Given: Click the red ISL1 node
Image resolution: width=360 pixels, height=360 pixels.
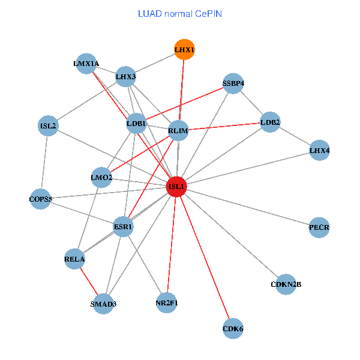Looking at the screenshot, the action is pyautogui.click(x=176, y=187).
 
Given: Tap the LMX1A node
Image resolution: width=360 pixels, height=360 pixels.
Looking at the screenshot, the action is pyautogui.click(x=86, y=63).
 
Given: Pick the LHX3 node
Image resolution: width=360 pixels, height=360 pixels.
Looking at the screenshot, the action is pyautogui.click(x=126, y=76).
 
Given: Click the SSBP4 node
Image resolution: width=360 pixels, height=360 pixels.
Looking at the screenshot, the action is pyautogui.click(x=233, y=83).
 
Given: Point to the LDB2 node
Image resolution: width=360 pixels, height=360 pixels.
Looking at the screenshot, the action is pyautogui.click(x=270, y=123).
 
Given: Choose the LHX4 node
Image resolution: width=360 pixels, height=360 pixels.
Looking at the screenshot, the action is pyautogui.click(x=319, y=150).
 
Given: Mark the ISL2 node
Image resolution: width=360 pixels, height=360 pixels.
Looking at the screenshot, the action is pyautogui.click(x=48, y=126).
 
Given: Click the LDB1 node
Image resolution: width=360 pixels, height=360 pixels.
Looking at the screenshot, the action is pyautogui.click(x=136, y=125).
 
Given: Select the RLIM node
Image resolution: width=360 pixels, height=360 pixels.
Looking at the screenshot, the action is pyautogui.click(x=179, y=131).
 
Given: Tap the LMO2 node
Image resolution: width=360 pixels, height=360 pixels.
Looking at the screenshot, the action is pyautogui.click(x=101, y=177).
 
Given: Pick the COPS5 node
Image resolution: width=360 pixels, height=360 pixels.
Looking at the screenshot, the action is pyautogui.click(x=41, y=199).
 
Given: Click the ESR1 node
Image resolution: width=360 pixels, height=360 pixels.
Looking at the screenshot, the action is pyautogui.click(x=123, y=227).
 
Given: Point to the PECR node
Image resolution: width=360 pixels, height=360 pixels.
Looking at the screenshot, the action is pyautogui.click(x=319, y=227).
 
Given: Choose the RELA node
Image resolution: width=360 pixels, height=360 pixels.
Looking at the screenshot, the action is pyautogui.click(x=74, y=259).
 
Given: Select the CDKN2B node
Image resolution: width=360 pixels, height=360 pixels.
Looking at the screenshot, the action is pyautogui.click(x=286, y=284).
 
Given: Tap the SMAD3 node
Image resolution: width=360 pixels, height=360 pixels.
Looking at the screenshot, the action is pyautogui.click(x=103, y=304).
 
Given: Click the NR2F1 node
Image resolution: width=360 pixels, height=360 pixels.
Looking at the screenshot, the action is pyautogui.click(x=167, y=302).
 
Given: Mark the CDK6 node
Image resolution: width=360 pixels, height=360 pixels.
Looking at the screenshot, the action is pyautogui.click(x=233, y=328).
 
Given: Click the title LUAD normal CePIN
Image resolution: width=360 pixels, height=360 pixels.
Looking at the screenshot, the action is pyautogui.click(x=180, y=13).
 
